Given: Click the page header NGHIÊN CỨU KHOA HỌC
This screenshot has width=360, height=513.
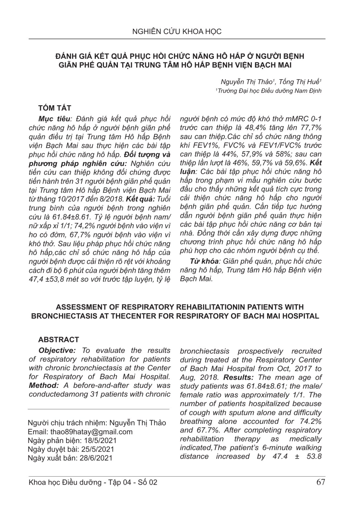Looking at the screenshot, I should (177, 32).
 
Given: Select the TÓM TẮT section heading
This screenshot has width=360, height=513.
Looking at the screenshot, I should (54, 108).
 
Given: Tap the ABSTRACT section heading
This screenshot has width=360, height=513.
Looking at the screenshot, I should (59, 340).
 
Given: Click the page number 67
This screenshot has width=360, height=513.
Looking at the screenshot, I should (320, 482).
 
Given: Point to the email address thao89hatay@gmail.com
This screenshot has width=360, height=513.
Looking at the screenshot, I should (91, 432).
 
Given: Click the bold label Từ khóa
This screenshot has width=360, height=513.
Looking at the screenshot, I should (204, 261).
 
